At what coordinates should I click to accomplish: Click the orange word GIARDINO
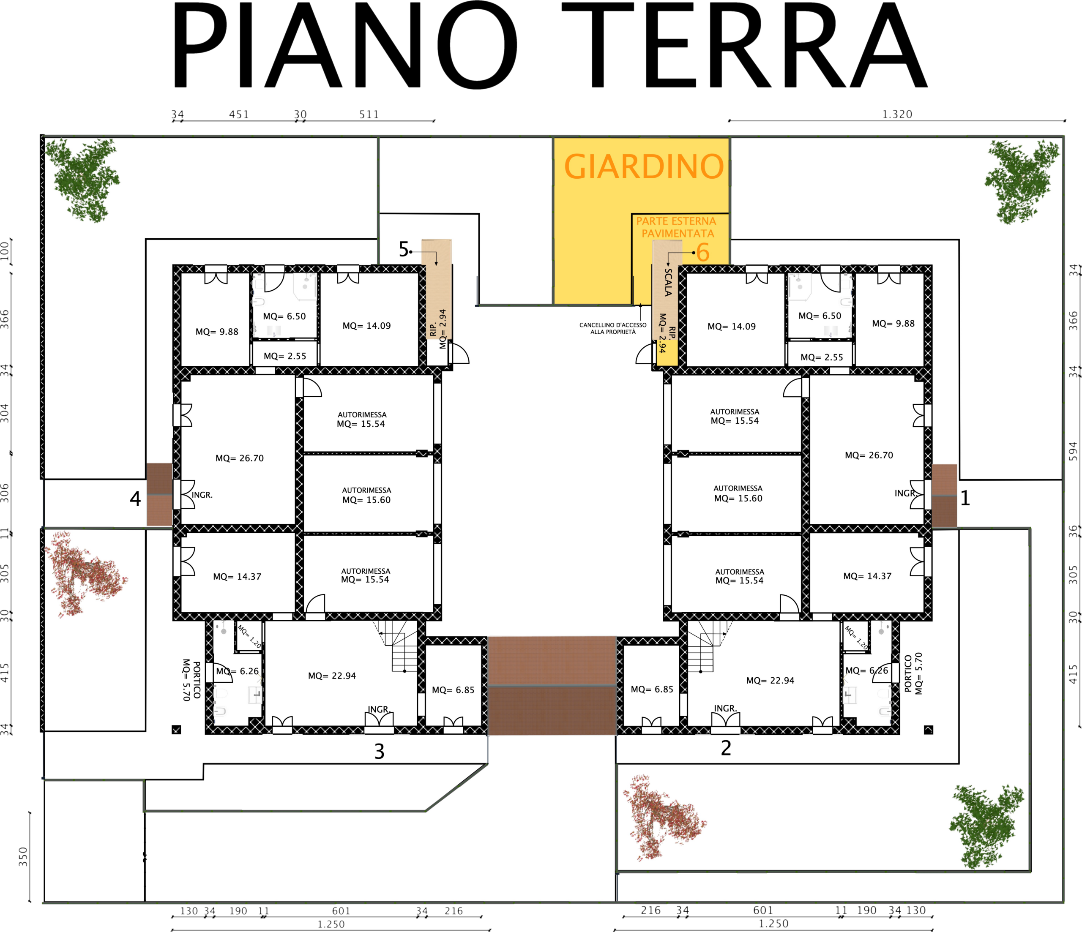click(644, 166)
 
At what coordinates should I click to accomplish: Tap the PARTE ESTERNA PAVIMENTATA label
click(677, 227)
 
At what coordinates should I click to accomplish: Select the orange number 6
click(703, 252)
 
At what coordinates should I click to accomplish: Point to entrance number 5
click(404, 249)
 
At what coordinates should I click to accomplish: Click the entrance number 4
click(135, 499)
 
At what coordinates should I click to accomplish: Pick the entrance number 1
click(965, 498)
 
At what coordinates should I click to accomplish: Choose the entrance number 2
click(726, 748)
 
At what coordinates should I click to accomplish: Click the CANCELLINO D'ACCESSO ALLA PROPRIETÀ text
click(613, 328)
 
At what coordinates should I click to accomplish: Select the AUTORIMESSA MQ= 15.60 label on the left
click(366, 495)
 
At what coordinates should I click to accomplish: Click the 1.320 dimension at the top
click(897, 114)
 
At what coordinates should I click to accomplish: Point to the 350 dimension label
click(23, 857)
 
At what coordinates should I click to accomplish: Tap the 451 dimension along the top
click(239, 114)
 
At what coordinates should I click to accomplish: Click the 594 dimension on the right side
click(1073, 451)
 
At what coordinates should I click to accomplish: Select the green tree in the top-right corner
click(1022, 181)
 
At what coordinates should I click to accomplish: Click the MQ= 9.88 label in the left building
click(217, 332)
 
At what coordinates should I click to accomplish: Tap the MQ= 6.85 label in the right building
click(652, 689)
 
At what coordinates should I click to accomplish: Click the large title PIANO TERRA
click(549, 46)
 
